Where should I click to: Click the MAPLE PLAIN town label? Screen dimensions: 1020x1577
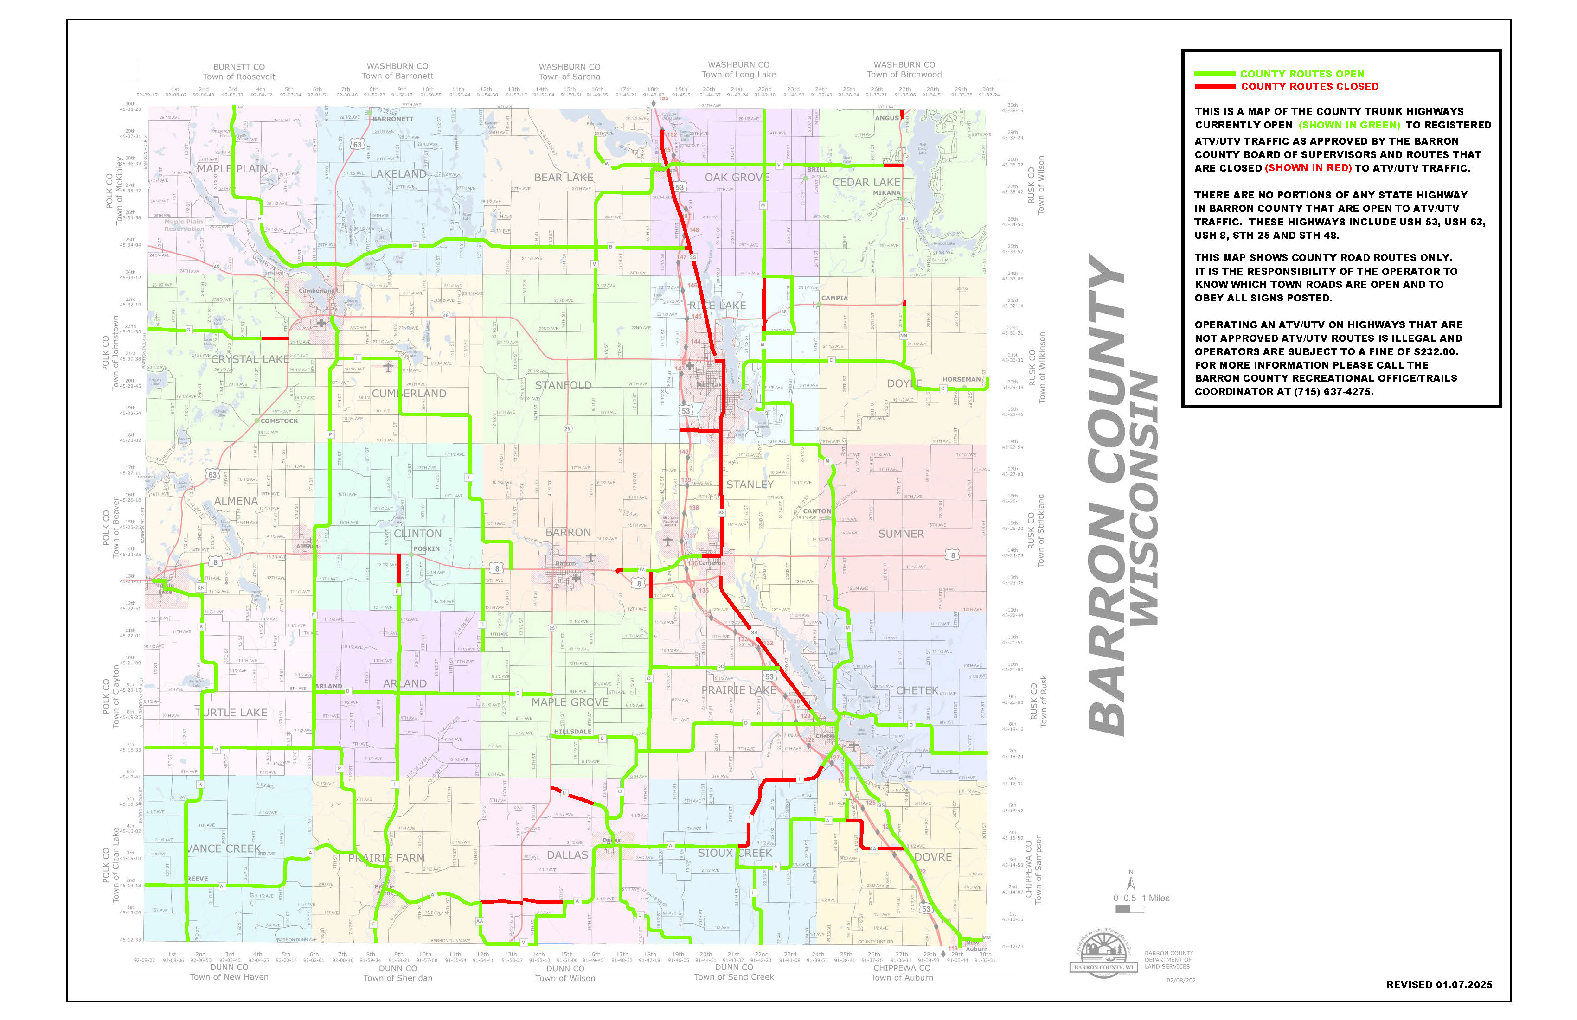pos(232,169)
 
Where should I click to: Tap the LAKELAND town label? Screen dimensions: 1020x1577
pos(398,173)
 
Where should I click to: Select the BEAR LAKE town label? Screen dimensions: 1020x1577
pos(564,178)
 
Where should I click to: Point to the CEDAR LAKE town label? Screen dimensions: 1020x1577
pos(866,182)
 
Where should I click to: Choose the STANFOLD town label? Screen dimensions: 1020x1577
pos(563,385)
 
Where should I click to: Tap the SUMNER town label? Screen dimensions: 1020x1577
pos(900,534)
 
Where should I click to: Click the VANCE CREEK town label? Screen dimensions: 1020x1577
pos(224,849)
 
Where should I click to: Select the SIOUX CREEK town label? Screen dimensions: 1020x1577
pos(735,853)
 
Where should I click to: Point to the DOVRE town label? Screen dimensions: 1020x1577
pos(932,857)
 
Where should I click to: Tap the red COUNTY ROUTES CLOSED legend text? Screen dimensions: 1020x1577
pos(1309,87)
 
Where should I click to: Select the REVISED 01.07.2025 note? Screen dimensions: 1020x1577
pos(1439,985)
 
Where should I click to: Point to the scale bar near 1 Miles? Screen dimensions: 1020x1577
pos(1130,909)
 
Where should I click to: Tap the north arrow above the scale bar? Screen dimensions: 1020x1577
pos(1131,882)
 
